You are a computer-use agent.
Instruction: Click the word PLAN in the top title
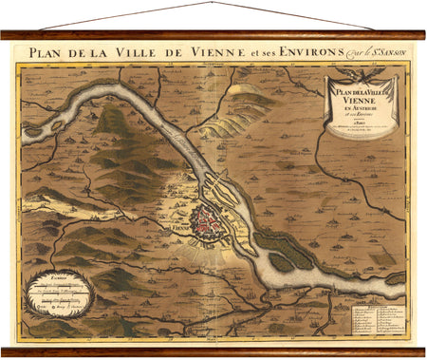click(x=47, y=52)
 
